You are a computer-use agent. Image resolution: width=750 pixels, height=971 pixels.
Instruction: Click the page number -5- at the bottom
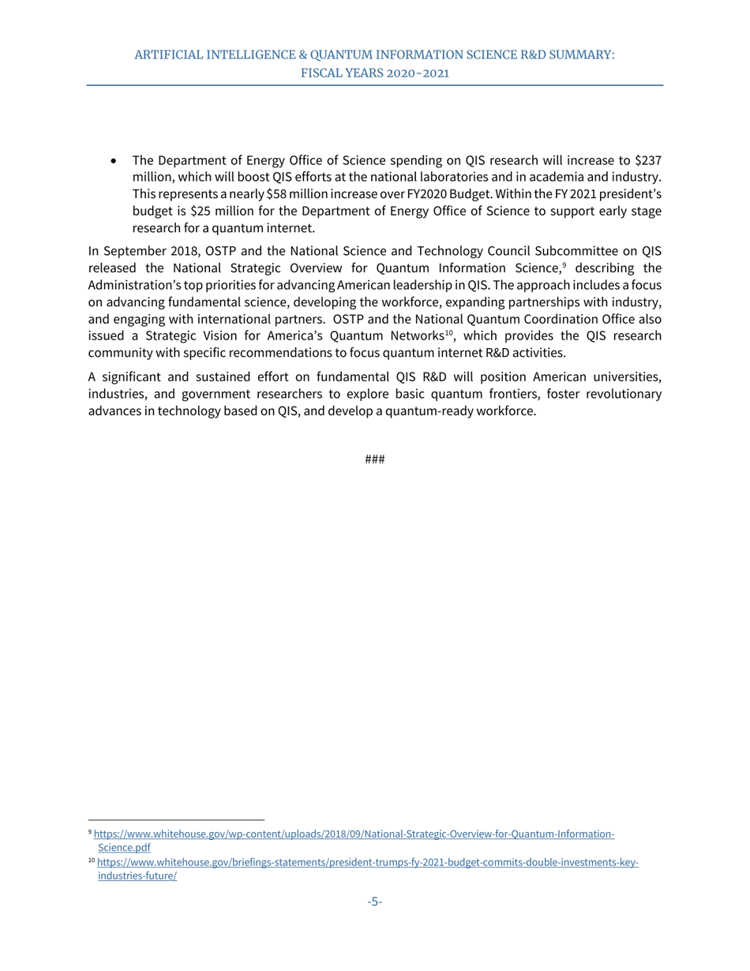click(x=374, y=902)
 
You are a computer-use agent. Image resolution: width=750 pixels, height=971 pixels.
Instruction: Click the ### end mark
click(x=374, y=459)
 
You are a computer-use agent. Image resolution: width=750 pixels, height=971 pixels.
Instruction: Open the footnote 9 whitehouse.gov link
click(x=354, y=834)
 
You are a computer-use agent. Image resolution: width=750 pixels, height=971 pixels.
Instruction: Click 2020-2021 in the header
click(x=417, y=72)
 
